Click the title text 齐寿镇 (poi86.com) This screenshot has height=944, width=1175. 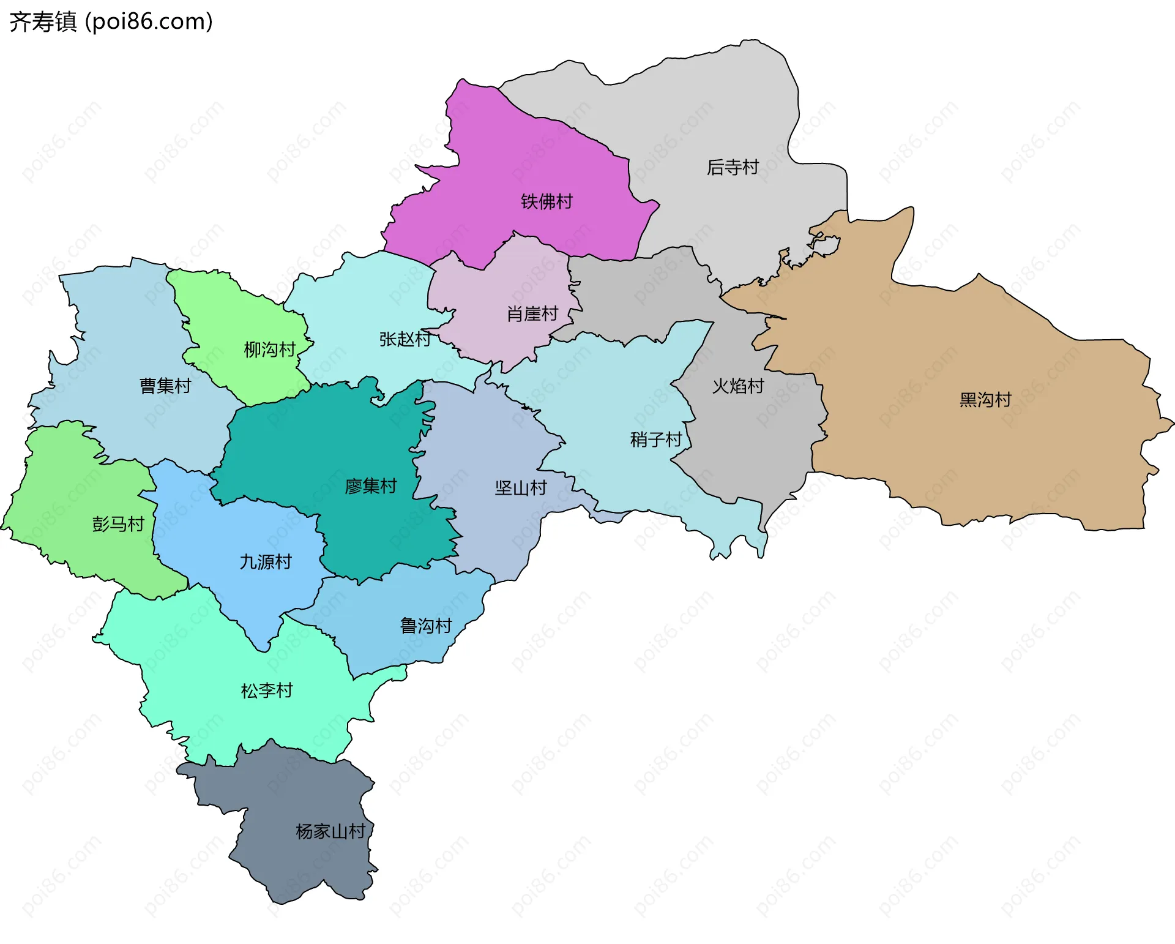pos(111,21)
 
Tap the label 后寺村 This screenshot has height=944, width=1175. pos(733,167)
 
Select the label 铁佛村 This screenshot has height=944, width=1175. pos(546,201)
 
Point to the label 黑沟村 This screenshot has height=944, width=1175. pos(985,399)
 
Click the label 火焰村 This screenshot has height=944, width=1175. pos(738,386)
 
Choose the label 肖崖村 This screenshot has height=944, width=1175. pos(532,313)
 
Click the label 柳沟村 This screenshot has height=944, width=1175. pos(270,349)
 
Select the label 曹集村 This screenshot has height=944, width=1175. pos(165,385)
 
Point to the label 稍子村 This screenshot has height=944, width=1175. pos(656,439)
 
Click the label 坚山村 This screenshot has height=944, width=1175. pos(521,487)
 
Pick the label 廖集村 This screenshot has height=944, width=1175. pos(371,485)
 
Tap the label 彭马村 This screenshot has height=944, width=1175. pos(118,523)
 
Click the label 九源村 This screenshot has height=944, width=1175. pos(266,561)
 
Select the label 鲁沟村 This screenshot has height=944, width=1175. pos(426,625)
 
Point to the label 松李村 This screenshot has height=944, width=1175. pos(267,690)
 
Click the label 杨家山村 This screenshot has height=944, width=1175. pos(330,831)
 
